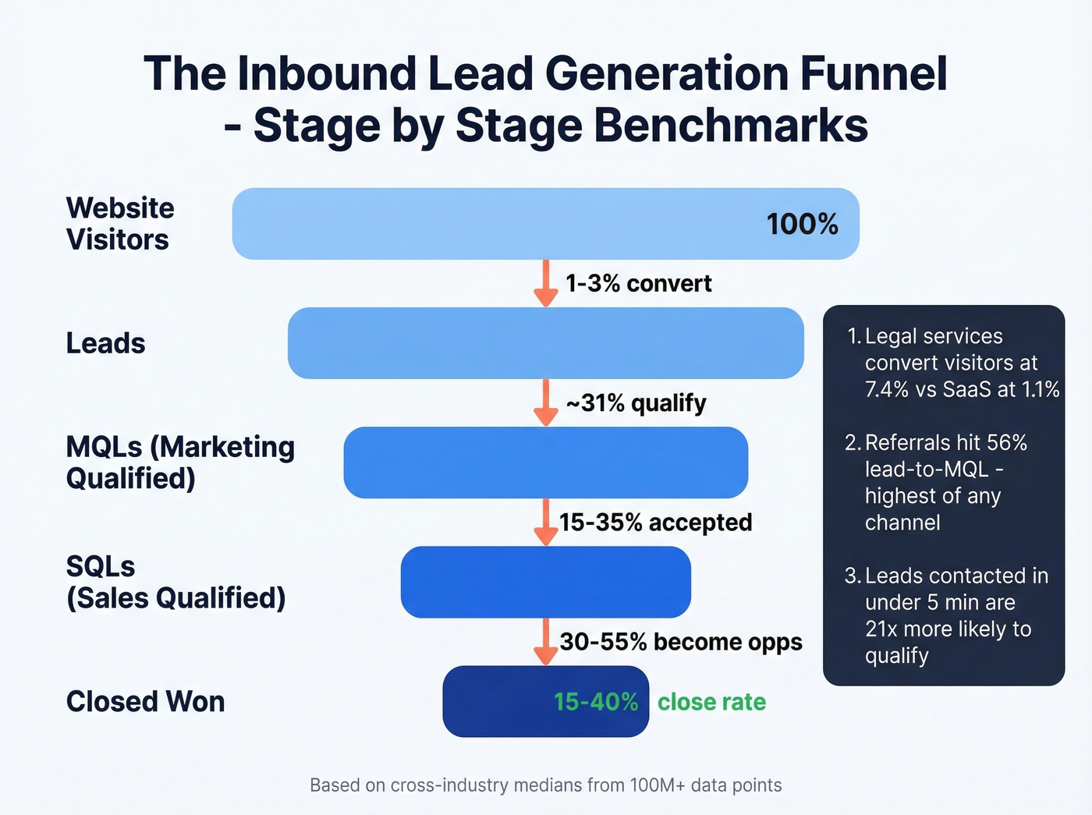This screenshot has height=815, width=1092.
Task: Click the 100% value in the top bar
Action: point(802,225)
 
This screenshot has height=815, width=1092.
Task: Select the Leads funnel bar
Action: point(546,343)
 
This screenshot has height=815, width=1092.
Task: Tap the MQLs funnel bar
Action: point(546,462)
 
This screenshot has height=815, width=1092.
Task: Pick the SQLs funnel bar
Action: point(546,582)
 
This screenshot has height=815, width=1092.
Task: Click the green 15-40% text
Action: point(596,702)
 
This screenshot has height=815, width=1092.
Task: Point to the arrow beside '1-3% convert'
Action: point(546,282)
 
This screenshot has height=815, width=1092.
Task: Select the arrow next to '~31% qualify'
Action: point(546,402)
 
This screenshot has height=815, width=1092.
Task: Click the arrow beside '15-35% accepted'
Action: point(546,522)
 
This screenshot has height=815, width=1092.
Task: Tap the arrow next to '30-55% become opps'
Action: point(546,641)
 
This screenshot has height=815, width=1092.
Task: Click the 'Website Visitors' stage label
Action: point(120,224)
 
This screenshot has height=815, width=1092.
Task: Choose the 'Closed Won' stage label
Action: point(145,702)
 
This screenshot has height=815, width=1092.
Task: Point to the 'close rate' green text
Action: point(711,702)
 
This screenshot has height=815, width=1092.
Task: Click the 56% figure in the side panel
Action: point(1007,443)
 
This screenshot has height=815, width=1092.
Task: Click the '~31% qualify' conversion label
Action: point(636,403)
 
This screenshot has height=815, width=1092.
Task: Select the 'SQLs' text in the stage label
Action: point(101,566)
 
